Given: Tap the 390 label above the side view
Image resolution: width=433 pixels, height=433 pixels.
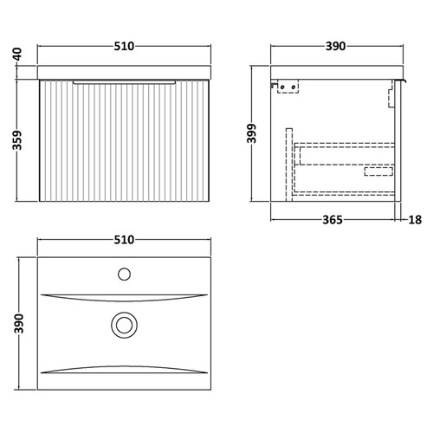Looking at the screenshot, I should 337,46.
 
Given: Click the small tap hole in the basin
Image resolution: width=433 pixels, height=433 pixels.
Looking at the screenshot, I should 123,276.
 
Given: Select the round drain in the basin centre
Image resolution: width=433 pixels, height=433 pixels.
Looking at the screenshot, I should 123,326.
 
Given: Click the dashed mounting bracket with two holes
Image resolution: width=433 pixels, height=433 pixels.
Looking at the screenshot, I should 288,87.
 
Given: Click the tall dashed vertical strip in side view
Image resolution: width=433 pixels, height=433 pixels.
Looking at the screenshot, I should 292,160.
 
